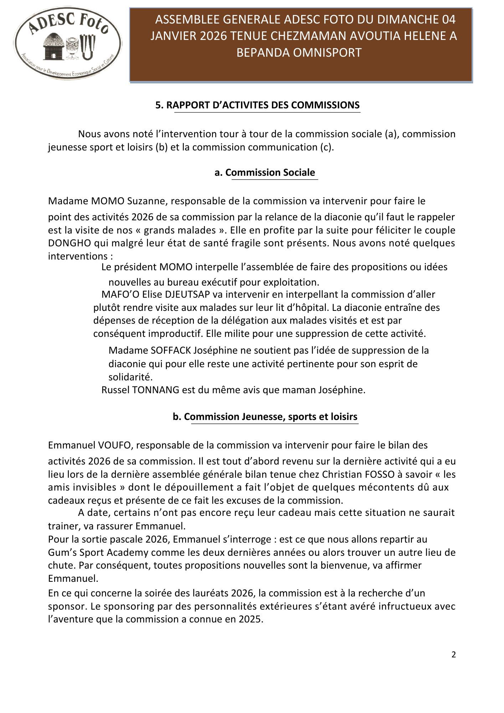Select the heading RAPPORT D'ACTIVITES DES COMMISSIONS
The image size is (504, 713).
coord(257,105)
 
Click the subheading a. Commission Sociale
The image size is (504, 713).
coord(265,173)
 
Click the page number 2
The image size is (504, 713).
coord(453,655)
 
